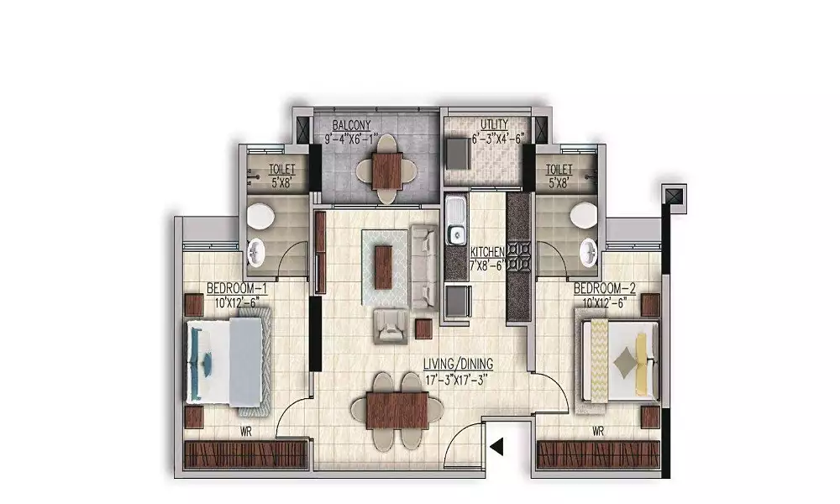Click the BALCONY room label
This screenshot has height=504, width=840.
pyautogui.click(x=351, y=125)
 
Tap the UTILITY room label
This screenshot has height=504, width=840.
pyautogui.click(x=494, y=125)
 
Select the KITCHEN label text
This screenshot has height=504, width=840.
pyautogui.click(x=487, y=252)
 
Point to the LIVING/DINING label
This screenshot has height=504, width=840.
pyautogui.click(x=458, y=365)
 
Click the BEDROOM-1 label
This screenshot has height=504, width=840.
pyautogui.click(x=237, y=289)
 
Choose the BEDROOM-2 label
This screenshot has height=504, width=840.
pyautogui.click(x=605, y=289)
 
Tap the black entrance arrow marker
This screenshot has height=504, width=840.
pyautogui.click(x=497, y=447)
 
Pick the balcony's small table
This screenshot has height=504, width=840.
pyautogui.click(x=387, y=170)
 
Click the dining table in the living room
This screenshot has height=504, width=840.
pyautogui.click(x=397, y=411)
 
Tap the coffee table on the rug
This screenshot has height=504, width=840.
pyautogui.click(x=384, y=267)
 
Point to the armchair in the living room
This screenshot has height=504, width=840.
pyautogui.click(x=391, y=326)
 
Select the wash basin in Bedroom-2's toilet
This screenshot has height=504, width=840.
pyautogui.click(x=590, y=252)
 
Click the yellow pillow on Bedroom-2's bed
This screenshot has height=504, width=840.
pyautogui.click(x=641, y=357)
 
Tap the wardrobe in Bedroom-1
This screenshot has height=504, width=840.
pyautogui.click(x=246, y=454)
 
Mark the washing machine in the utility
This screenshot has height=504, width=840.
pyautogui.click(x=458, y=152)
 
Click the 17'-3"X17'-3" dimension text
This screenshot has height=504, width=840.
pyautogui.click(x=458, y=381)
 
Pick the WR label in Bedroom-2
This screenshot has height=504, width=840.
pyautogui.click(x=598, y=431)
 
